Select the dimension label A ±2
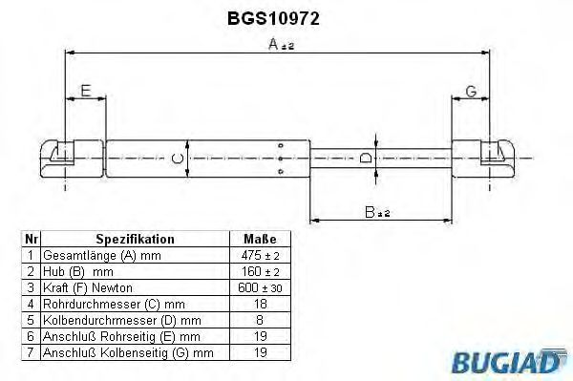281,44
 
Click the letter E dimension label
85,92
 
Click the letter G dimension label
471,92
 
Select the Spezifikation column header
135,239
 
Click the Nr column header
31,239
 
